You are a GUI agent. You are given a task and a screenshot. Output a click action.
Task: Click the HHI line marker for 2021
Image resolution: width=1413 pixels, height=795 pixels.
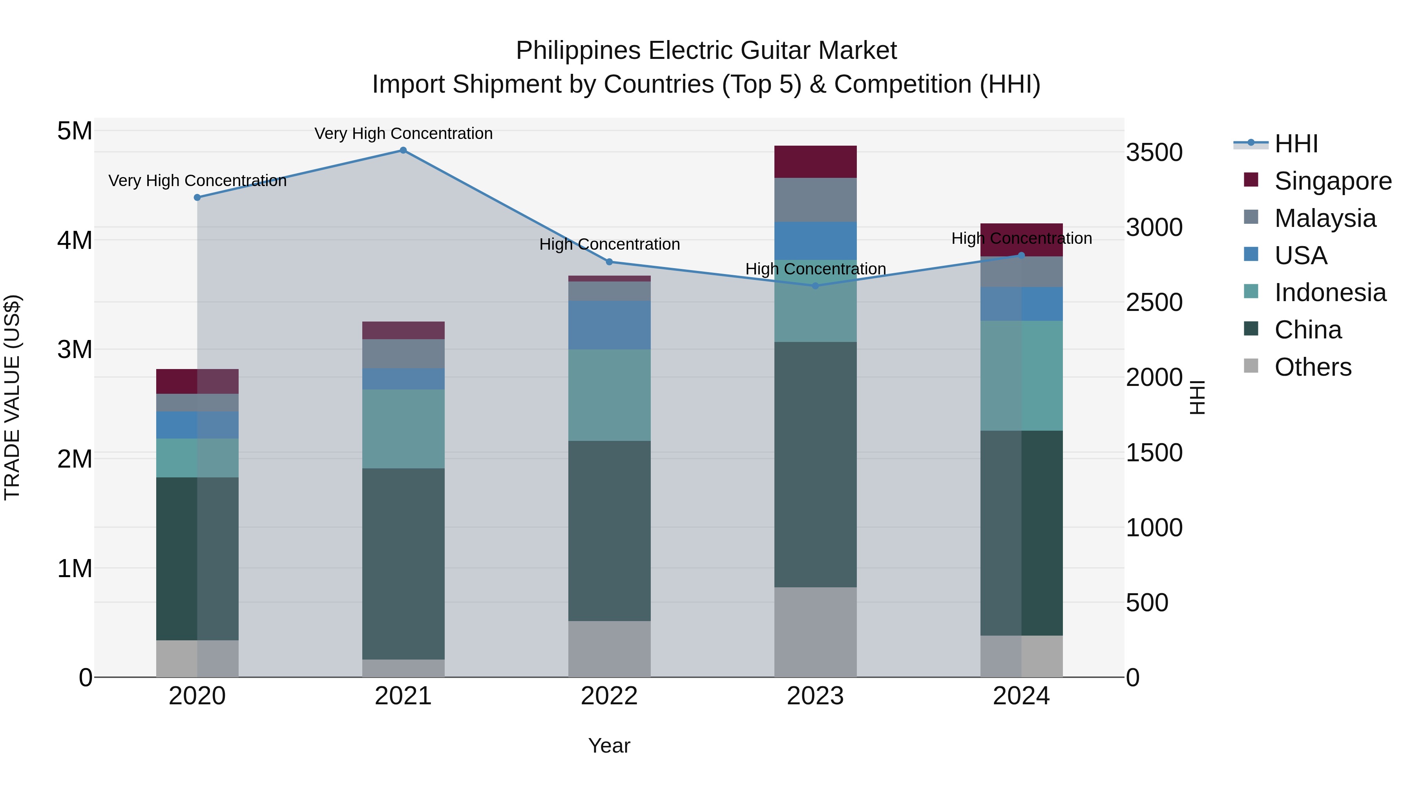[x=403, y=150]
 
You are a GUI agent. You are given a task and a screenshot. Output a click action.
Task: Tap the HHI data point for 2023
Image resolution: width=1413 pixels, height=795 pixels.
[x=815, y=286]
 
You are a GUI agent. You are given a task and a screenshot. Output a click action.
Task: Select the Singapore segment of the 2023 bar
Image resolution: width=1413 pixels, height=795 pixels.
[x=815, y=162]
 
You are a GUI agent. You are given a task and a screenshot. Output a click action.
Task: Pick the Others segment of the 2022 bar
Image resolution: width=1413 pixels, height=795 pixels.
[x=610, y=649]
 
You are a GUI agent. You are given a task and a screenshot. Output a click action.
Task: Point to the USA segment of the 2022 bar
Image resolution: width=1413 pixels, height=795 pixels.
[x=610, y=325]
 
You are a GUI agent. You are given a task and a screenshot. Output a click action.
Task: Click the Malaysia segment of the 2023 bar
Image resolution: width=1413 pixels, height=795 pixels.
[x=815, y=200]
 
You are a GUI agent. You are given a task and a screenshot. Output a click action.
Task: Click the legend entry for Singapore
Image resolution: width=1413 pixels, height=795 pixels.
[x=1333, y=181]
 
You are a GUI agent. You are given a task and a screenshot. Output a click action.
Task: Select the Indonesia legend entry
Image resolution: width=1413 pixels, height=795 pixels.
[x=1330, y=292]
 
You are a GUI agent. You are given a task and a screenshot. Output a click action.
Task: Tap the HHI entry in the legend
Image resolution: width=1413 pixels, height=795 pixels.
[x=1296, y=144]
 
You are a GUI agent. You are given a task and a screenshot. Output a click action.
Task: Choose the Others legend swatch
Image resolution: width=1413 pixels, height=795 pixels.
[x=1251, y=366]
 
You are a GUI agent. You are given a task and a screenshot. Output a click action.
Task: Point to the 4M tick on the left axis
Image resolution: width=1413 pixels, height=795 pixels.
[x=75, y=240]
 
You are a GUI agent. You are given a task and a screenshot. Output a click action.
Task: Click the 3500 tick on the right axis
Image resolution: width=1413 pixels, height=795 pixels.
[x=1154, y=153]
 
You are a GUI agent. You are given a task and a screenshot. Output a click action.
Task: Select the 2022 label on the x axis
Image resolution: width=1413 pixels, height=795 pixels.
[x=610, y=696]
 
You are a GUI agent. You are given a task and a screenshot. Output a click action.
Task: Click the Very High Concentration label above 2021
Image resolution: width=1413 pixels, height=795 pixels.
[x=403, y=133]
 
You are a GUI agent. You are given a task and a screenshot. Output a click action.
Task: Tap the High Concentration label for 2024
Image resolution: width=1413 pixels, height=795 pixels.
[x=1021, y=239]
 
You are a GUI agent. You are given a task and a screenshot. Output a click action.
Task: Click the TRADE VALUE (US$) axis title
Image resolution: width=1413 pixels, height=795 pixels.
[x=12, y=397]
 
